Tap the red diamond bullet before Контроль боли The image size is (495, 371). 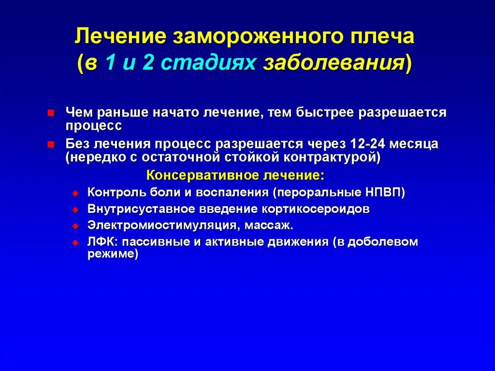click(x=75, y=193)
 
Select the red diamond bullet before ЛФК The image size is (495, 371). click(x=75, y=243)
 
